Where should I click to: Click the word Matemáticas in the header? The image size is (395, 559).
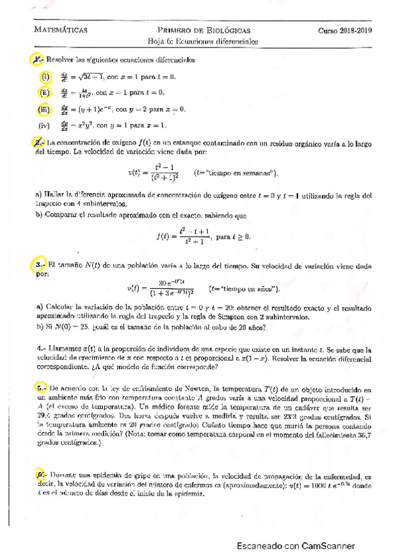coord(60,30)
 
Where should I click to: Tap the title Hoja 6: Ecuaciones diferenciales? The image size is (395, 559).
coord(202,41)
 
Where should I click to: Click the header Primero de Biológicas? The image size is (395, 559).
coord(203,30)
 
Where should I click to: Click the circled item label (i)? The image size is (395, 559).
coord(46,76)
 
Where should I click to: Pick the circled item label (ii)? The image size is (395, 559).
coord(46,92)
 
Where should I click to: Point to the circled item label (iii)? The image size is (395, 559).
coord(46,109)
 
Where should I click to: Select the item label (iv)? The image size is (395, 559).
coord(46,125)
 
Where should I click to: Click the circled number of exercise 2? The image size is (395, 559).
coord(38,142)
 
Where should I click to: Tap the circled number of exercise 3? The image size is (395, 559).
coord(38,265)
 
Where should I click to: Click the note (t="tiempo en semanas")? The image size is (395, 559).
coord(237,173)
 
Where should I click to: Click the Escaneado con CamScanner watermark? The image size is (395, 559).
coord(297,546)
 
